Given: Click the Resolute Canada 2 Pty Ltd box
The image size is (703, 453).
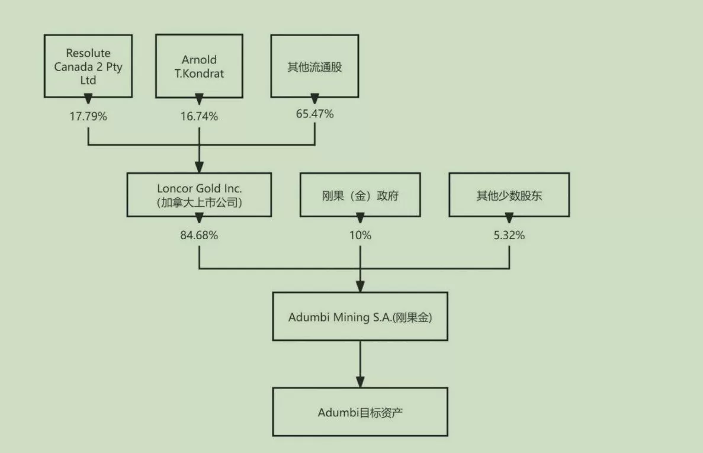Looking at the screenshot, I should pyautogui.click(x=88, y=66).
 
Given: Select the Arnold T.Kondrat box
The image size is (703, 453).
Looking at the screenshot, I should pyautogui.click(x=199, y=66).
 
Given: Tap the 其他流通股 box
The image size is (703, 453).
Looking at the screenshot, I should pyautogui.click(x=314, y=66).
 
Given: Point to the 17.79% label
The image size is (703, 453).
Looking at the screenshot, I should pyautogui.click(x=88, y=117).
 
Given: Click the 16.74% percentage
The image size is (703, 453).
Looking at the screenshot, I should pyautogui.click(x=199, y=117).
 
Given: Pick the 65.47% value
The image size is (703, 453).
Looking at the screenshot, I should pyautogui.click(x=314, y=114).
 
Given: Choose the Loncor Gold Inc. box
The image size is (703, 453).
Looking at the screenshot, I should pyautogui.click(x=199, y=195).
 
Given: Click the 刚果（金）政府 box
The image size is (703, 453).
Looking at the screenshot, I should pyautogui.click(x=360, y=195).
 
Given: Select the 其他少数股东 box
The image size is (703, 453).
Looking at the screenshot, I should pyautogui.click(x=509, y=195).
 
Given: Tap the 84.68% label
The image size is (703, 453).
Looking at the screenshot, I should pyautogui.click(x=199, y=235).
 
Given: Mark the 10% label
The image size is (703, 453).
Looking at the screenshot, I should pyautogui.click(x=360, y=235).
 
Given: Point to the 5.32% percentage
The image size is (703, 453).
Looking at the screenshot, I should pyautogui.click(x=509, y=235).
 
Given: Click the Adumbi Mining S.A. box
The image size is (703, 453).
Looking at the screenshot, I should pyautogui.click(x=360, y=316).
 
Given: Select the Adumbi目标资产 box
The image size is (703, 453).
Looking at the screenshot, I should pyautogui.click(x=360, y=412).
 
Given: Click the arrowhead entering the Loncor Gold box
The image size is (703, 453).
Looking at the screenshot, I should pyautogui.click(x=199, y=167).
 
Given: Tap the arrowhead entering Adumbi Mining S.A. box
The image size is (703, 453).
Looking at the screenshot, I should pyautogui.click(x=360, y=286).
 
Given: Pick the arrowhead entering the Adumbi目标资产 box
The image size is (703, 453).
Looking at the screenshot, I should pyautogui.click(x=360, y=382).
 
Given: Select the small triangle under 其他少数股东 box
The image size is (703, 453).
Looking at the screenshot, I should pyautogui.click(x=509, y=218).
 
